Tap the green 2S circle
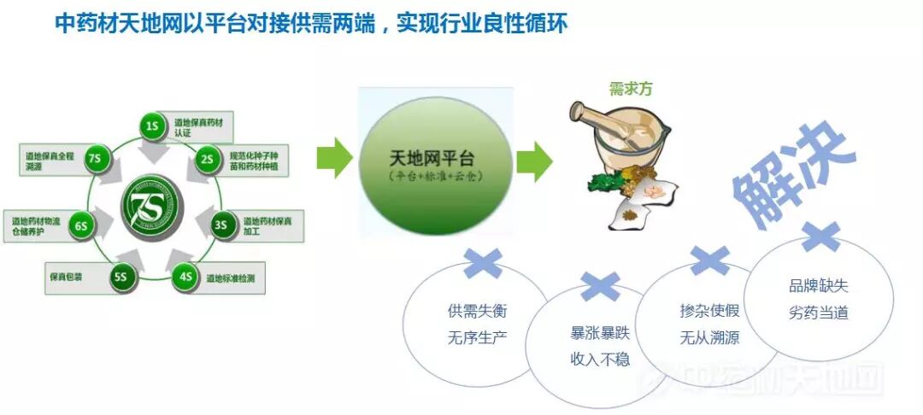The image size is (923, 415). tap(208, 159)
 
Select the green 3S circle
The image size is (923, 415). tap(221, 225)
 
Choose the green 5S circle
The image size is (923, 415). tap(121, 277)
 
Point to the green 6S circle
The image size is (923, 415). tap(81, 226)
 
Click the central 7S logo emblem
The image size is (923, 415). tap(153, 206)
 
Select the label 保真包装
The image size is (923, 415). tap(64, 277)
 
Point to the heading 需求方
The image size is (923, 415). tap(631, 88)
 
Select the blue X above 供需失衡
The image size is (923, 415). tap(482, 262)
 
